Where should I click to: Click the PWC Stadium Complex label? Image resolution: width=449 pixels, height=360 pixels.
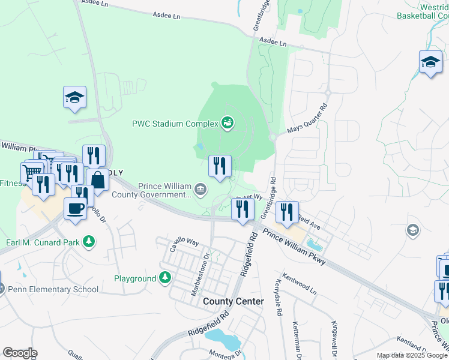pyautogui.click(x=175, y=124)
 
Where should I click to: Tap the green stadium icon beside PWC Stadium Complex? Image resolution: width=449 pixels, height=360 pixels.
pyautogui.click(x=228, y=124)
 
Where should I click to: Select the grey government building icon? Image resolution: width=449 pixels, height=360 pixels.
pyautogui.click(x=200, y=190)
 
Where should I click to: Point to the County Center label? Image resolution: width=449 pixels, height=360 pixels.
pyautogui.click(x=233, y=301)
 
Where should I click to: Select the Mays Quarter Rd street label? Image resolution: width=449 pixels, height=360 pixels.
pyautogui.click(x=307, y=118)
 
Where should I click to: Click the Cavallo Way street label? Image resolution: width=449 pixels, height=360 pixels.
pyautogui.click(x=184, y=241)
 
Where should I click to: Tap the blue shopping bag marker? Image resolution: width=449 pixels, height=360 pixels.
pyautogui.click(x=97, y=179)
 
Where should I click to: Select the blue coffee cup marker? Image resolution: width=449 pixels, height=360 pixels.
pyautogui.click(x=75, y=208)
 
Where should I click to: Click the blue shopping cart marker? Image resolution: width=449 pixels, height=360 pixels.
pyautogui.click(x=32, y=172)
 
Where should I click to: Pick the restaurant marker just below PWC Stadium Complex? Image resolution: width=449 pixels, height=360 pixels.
pyautogui.click(x=220, y=165)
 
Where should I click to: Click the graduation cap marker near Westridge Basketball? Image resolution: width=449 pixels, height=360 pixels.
pyautogui.click(x=430, y=62)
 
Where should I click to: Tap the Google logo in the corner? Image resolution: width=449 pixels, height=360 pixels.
pyautogui.click(x=19, y=353)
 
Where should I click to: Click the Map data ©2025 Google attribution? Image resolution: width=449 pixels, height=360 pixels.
pyautogui.click(x=411, y=355)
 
